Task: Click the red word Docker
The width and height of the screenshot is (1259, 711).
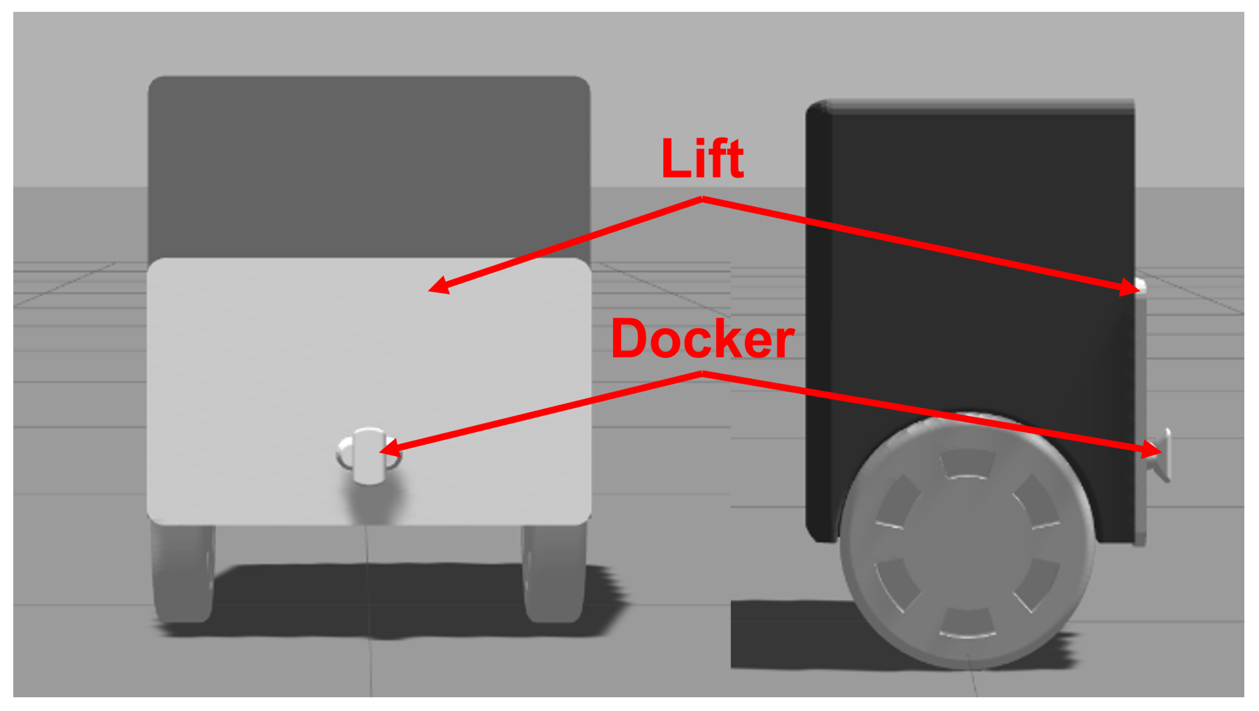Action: [x=702, y=338]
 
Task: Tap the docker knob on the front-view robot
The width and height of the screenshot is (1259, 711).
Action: [x=368, y=455]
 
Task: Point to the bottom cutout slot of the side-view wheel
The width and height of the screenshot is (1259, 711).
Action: [x=968, y=623]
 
